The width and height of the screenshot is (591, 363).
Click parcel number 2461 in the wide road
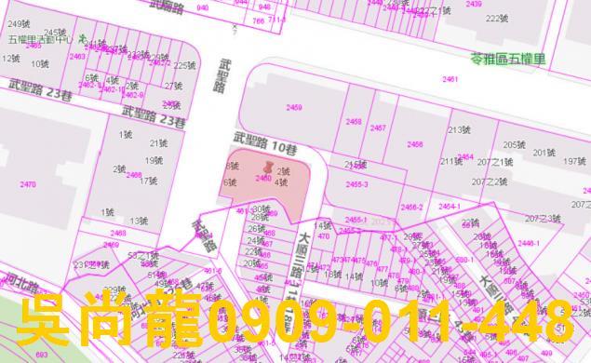pos(450,80)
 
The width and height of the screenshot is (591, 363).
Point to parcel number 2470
pos(28,184)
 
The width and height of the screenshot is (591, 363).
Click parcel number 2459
pos(294,108)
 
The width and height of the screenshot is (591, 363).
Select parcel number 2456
pos(415,144)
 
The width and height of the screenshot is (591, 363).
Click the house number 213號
pos(459,130)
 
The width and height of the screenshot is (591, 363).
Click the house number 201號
pos(543,152)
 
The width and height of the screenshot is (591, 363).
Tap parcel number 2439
pos(474,4)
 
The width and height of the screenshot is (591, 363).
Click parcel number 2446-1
pos(529,243)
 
